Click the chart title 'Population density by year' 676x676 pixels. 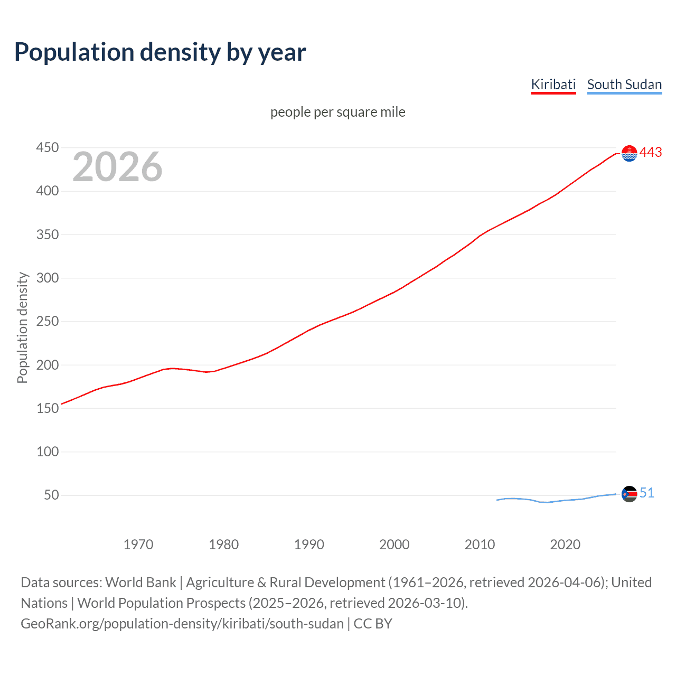(x=160, y=52)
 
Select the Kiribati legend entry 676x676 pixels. (x=553, y=84)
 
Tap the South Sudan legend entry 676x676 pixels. (x=624, y=84)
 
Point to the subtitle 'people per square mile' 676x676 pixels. (x=337, y=112)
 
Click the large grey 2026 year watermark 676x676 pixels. (x=117, y=167)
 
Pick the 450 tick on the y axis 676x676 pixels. (x=47, y=147)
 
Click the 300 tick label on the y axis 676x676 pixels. (x=47, y=278)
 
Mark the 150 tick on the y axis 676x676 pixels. (x=47, y=408)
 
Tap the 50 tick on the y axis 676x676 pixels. (x=51, y=495)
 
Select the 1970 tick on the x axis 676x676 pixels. (x=138, y=544)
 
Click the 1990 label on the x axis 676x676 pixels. (x=309, y=544)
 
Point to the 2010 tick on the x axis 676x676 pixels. (x=480, y=544)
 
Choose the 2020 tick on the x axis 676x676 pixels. (x=565, y=544)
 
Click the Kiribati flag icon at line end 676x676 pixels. (x=629, y=153)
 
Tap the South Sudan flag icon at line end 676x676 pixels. (x=629, y=494)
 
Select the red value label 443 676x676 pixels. (x=651, y=153)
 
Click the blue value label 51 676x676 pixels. (x=647, y=493)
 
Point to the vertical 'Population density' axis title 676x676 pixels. (x=22, y=327)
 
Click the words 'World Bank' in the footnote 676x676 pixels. (x=140, y=583)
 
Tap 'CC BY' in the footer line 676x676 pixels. (x=373, y=624)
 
